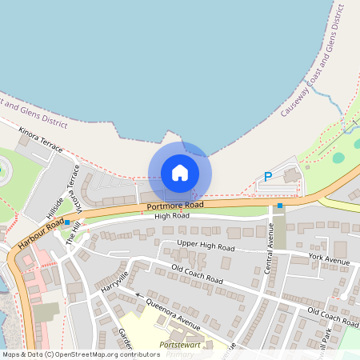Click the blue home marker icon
point(180,173)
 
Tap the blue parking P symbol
point(268,177)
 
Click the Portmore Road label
point(175,206)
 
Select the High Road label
point(172,216)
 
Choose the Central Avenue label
point(270,248)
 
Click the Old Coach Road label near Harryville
point(195,273)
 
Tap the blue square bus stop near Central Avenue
point(279,206)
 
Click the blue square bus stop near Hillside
point(67,222)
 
